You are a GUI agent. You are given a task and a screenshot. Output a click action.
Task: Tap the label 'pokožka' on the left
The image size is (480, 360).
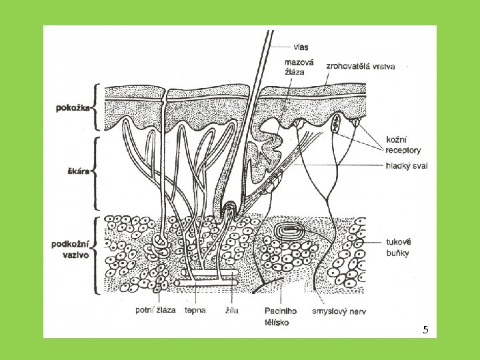[x=73, y=107]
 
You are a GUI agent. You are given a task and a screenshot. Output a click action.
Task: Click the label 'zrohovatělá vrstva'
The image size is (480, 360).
[x=361, y=66]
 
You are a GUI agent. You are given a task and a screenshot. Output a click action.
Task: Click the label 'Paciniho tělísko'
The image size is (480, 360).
[x=280, y=315]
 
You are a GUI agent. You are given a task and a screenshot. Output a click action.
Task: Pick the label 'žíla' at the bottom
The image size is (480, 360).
[x=232, y=311]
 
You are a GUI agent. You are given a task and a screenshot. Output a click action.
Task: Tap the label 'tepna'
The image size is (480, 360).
[x=195, y=311]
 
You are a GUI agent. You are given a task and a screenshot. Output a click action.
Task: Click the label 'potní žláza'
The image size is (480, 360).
[x=155, y=311]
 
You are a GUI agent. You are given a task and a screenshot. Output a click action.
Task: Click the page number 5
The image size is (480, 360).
[x=426, y=331]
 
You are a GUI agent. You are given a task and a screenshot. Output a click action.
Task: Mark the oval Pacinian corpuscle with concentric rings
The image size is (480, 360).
[x=291, y=233]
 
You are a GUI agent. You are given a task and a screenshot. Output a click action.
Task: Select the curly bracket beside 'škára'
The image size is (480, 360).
[x=97, y=171]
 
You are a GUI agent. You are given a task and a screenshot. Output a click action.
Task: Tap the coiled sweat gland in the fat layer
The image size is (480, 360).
[x=161, y=243]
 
